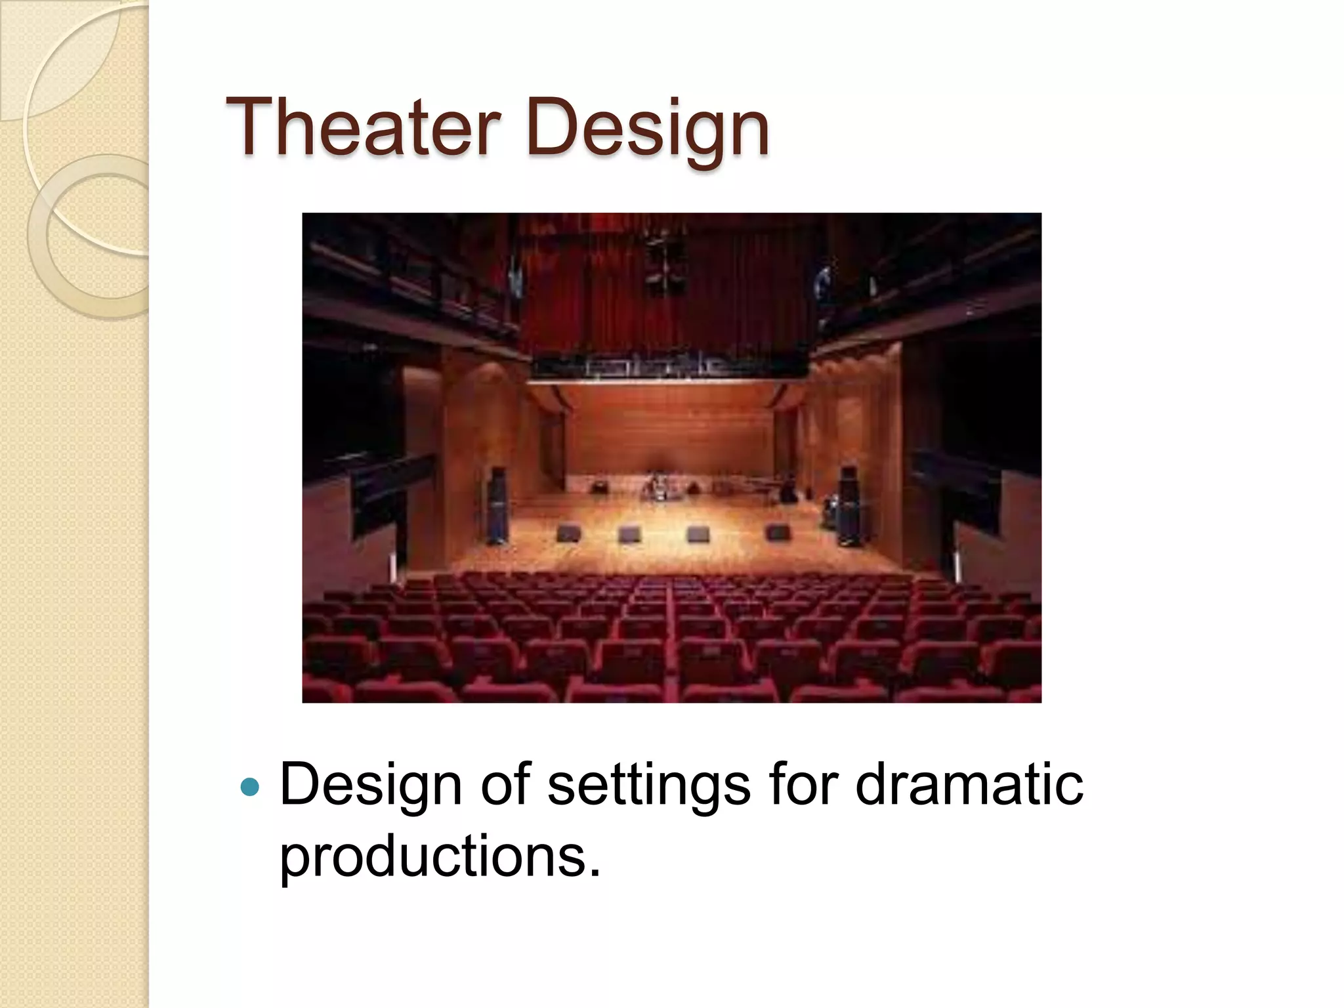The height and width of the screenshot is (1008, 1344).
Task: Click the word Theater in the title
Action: coord(363,127)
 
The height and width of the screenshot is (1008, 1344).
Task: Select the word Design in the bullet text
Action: coord(370,786)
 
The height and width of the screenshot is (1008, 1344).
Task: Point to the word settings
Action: coord(648,786)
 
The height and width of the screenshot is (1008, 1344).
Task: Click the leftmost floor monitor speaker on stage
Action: coord(568,532)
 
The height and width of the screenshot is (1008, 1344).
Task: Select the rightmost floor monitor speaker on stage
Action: coord(778,532)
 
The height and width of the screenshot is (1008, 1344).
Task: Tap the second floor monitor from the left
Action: coord(630,534)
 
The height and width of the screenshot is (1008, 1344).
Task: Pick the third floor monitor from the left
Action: coord(698,534)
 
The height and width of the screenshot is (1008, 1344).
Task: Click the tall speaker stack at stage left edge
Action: coord(498,505)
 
